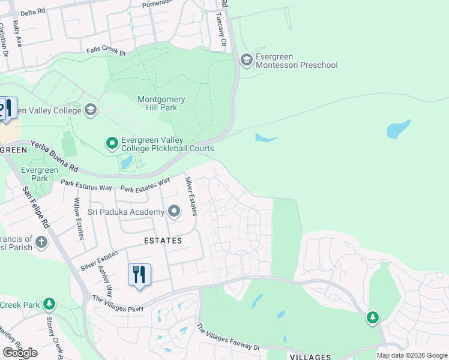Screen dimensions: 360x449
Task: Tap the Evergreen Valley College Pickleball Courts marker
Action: coord(112,143)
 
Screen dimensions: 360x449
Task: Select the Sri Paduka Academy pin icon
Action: coord(174,211)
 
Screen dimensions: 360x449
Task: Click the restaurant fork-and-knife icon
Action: coord(139,275)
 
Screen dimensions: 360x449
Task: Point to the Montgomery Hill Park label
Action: coord(161,103)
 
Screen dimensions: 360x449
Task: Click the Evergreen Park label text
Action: coord(39,174)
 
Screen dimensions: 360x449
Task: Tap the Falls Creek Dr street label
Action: coord(106,52)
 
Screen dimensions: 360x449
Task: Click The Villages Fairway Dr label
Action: coord(228,338)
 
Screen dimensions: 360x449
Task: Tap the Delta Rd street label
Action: coord(32,12)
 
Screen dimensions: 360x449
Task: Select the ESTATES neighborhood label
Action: coord(163,240)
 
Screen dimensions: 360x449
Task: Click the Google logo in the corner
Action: coord(20,352)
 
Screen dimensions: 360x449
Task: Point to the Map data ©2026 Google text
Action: coord(411,355)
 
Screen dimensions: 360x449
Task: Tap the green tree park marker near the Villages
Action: coord(373,317)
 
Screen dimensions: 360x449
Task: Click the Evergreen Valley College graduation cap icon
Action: coord(91,110)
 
